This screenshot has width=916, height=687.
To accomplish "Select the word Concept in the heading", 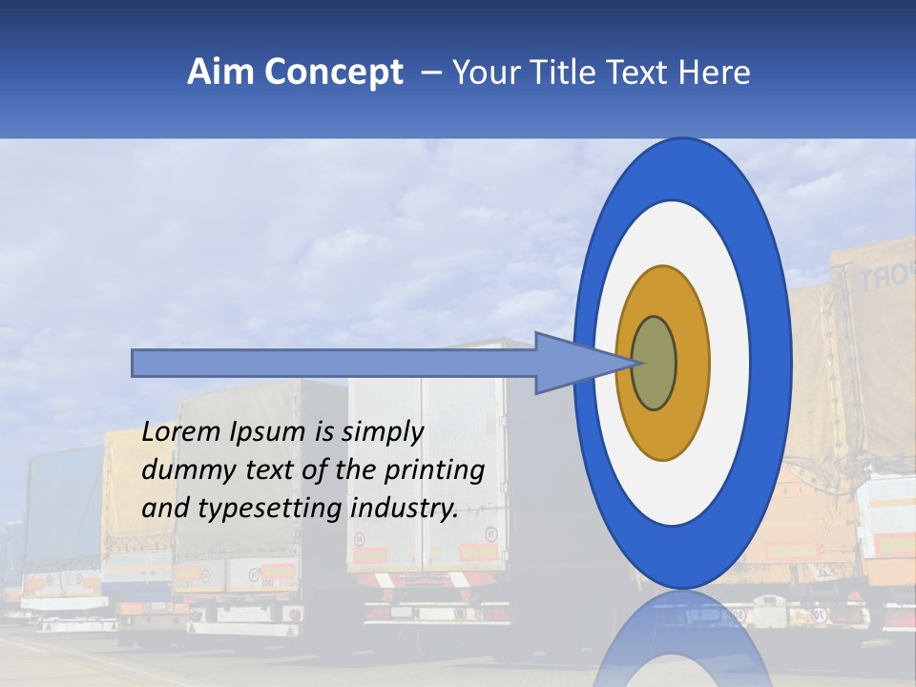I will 334,73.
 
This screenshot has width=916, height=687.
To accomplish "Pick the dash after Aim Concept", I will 430,73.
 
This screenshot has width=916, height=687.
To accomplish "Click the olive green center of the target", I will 655,364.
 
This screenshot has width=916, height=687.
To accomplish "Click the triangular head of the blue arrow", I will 572,364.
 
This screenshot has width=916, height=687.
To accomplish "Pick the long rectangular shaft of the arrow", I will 334,364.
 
